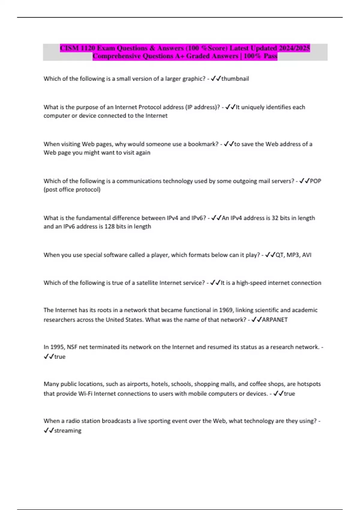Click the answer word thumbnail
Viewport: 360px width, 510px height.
(x=235, y=79)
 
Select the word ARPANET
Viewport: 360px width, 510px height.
(x=275, y=320)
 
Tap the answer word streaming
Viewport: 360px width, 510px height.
(x=68, y=431)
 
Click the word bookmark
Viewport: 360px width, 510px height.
(x=203, y=144)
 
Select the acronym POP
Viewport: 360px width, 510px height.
(x=315, y=181)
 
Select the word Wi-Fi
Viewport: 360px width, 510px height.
(x=85, y=394)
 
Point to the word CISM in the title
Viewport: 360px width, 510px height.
(x=70, y=48)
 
